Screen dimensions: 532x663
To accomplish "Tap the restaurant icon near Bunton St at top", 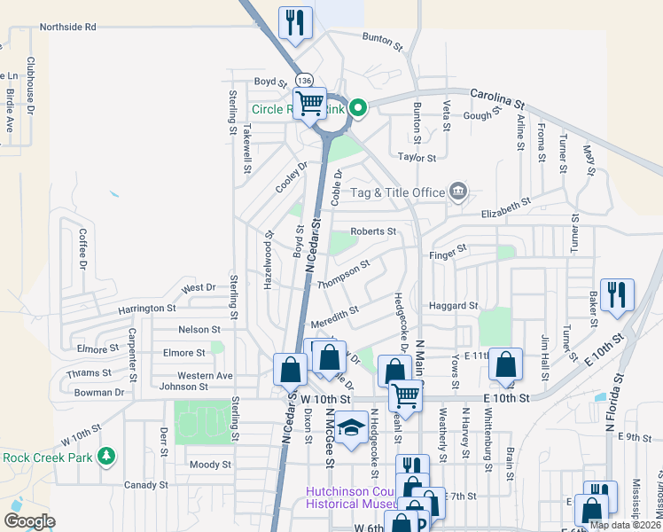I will (x=295, y=23).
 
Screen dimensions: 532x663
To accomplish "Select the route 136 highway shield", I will (x=304, y=81).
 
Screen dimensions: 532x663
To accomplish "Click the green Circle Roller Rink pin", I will (x=358, y=109).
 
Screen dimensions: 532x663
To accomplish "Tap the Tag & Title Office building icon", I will (x=458, y=190).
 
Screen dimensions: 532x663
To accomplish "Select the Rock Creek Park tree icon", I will (x=107, y=457).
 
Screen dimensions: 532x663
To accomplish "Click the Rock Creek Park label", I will (x=48, y=458).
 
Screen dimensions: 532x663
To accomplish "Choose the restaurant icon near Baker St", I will (x=617, y=295).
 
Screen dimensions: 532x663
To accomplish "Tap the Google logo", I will (x=29, y=521).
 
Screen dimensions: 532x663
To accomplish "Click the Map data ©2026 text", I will (x=625, y=525).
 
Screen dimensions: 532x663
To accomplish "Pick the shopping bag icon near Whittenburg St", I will (x=504, y=364).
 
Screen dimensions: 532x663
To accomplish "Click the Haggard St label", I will (x=453, y=306).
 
